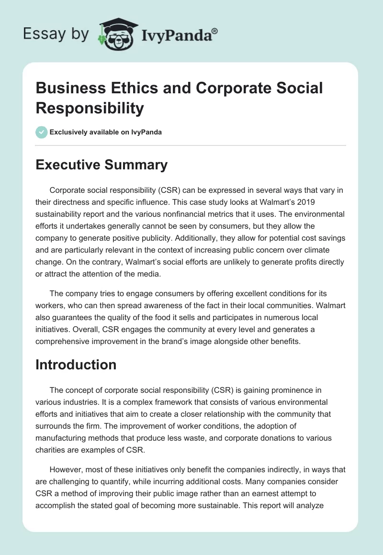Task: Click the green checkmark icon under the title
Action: point(42,132)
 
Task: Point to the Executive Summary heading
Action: point(101,165)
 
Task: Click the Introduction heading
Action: point(76,365)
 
